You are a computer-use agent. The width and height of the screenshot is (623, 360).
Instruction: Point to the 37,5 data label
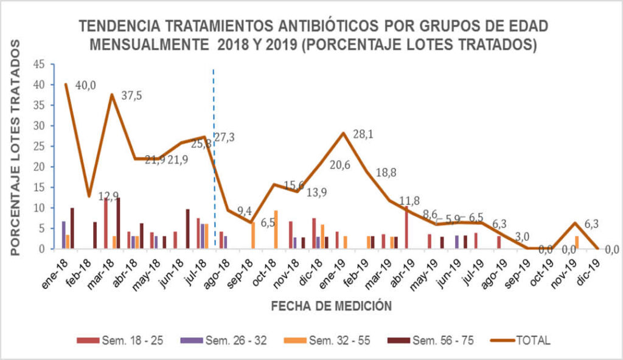[132, 95]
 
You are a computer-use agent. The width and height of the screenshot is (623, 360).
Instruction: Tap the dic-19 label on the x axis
[590, 268]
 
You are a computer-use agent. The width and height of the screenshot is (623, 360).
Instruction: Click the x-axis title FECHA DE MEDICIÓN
[332, 305]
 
